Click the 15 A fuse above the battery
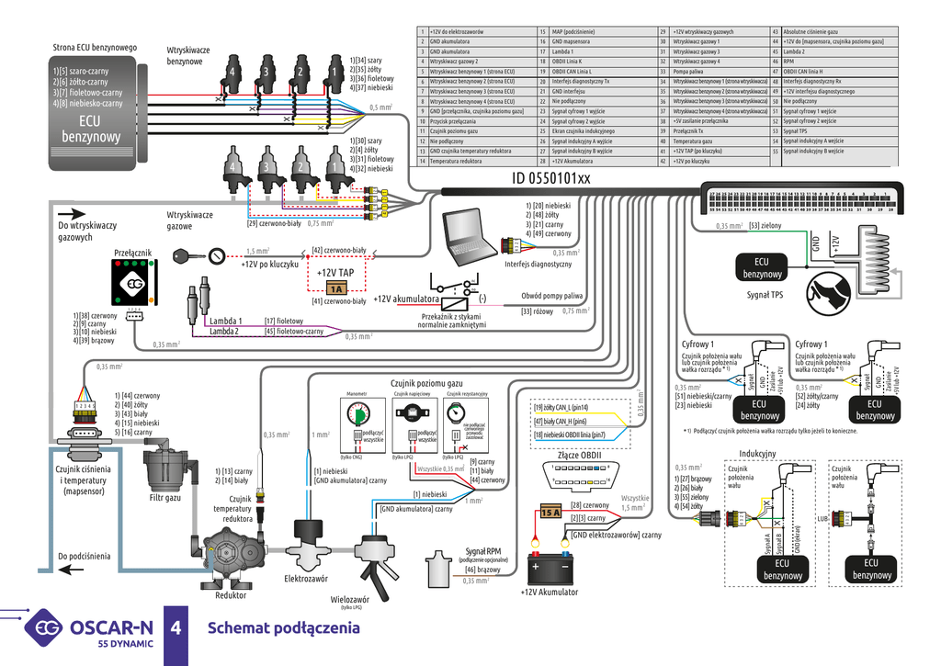click(550, 512)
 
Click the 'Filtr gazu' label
click(165, 497)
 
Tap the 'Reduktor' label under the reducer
click(231, 594)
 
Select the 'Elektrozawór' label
click(306, 579)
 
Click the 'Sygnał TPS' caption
click(765, 296)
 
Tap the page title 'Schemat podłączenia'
click(283, 628)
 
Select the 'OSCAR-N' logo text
click(111, 627)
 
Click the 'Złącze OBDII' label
click(579, 454)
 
